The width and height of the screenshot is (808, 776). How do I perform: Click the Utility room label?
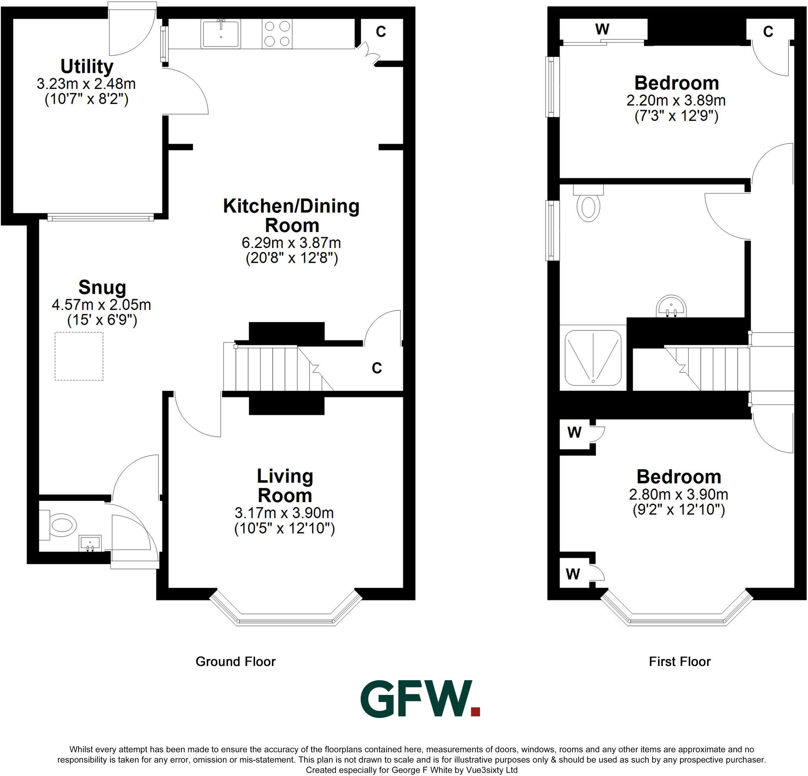86,66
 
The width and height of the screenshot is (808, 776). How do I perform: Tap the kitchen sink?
221,34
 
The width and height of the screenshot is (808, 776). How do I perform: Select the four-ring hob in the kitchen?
277,34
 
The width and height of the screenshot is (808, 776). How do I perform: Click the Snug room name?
102,287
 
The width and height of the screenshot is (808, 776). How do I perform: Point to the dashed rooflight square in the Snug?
79,356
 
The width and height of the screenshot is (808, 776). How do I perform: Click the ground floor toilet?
61,525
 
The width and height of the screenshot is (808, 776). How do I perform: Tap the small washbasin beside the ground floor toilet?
90,543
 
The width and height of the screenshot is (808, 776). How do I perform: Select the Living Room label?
285,486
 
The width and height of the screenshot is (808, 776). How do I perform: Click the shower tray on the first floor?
593,357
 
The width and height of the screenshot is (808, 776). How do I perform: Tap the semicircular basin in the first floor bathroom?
671,307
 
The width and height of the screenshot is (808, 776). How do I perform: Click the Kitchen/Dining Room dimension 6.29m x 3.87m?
291,242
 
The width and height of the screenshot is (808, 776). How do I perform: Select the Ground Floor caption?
236,662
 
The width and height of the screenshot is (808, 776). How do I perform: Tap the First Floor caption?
680,662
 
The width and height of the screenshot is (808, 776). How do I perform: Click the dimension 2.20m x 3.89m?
676,100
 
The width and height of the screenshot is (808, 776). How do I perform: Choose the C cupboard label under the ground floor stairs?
376,368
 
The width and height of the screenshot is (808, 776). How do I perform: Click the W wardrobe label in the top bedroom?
602,29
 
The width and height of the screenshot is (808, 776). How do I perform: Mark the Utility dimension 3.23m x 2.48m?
86,84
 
